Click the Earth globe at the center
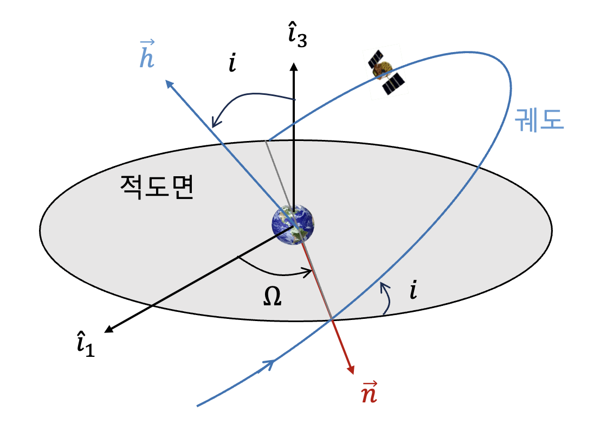[293, 225]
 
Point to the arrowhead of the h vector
[170, 84]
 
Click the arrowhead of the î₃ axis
[294, 66]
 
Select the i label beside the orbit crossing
[414, 292]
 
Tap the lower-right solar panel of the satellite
[393, 83]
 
